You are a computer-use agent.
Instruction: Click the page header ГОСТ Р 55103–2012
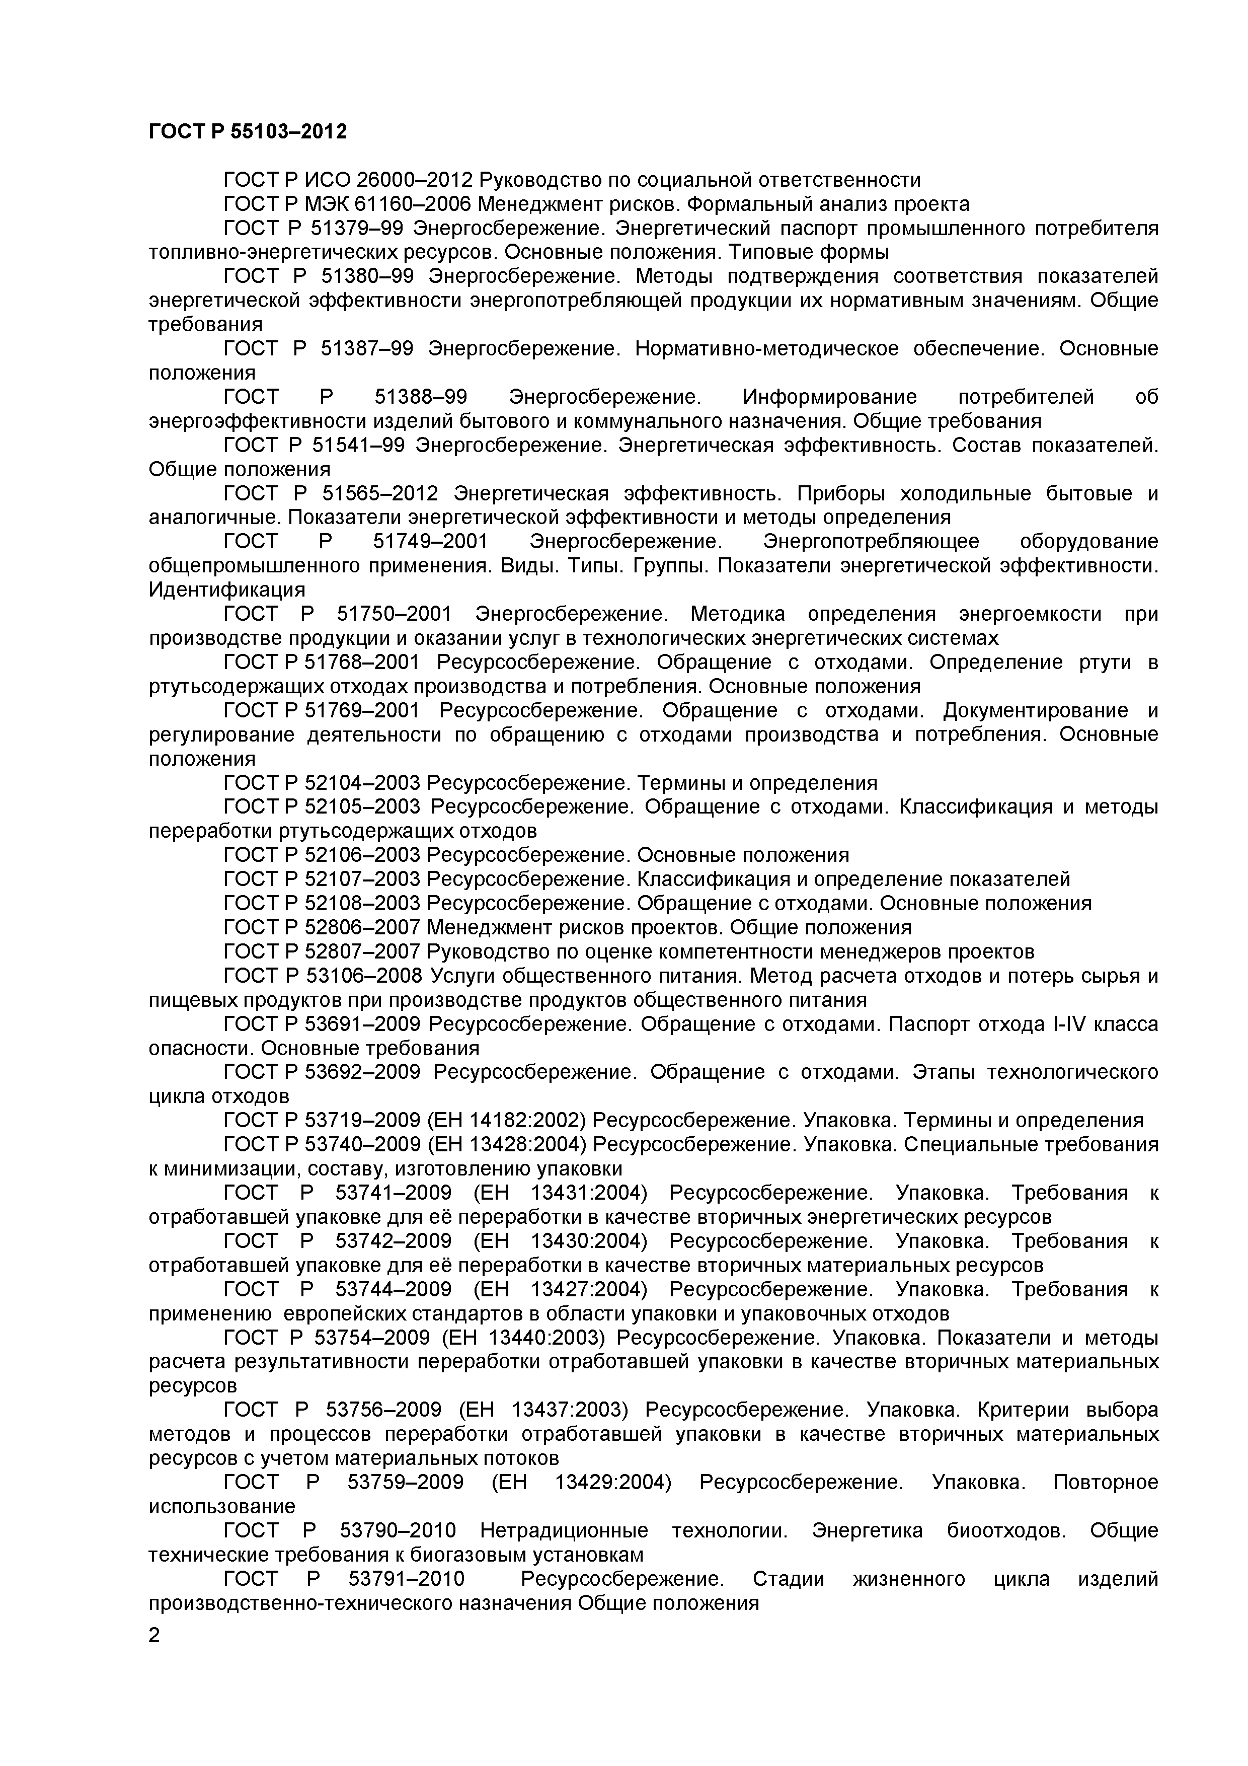248,132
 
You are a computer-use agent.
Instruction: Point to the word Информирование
830,397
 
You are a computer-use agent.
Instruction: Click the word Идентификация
227,590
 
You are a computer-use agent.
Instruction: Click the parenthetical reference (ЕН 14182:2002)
506,1121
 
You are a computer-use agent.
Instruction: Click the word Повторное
1105,1482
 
